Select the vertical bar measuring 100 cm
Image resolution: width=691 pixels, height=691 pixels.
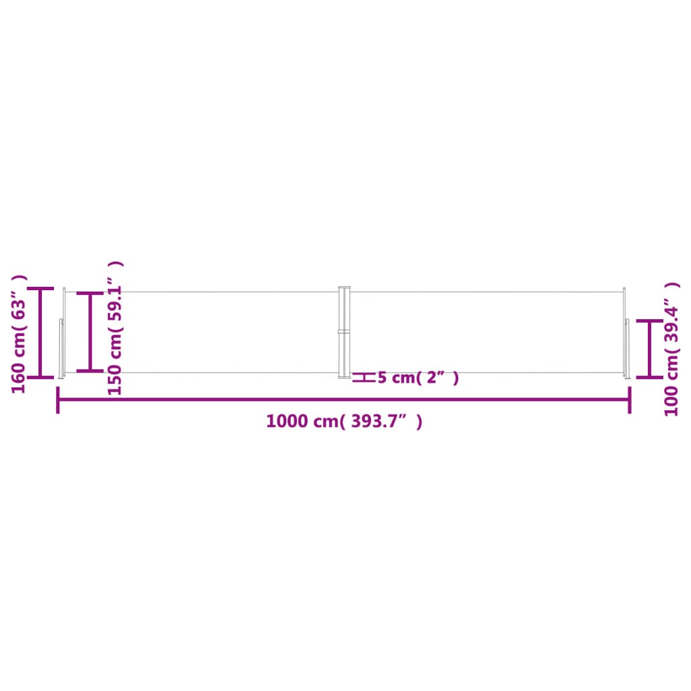649,349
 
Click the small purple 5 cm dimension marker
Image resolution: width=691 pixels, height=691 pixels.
364,377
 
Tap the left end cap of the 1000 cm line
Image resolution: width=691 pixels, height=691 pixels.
58,399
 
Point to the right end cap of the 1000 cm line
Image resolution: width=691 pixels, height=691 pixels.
630,399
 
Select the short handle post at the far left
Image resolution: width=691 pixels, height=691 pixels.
61,348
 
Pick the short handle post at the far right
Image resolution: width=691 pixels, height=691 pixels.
627,348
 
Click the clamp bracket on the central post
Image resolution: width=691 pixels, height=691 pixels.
344,331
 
